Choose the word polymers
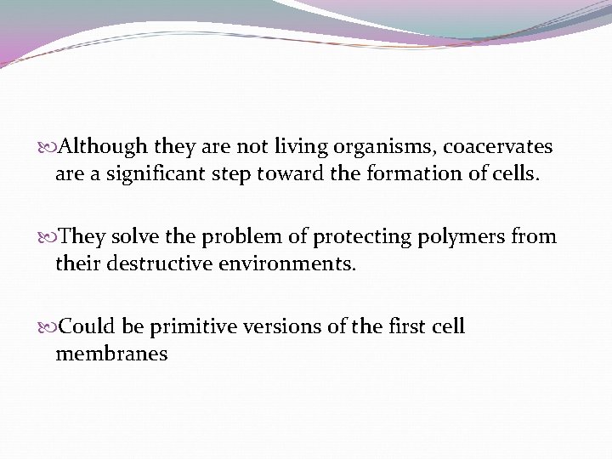click(x=460, y=237)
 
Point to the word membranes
click(x=111, y=354)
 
